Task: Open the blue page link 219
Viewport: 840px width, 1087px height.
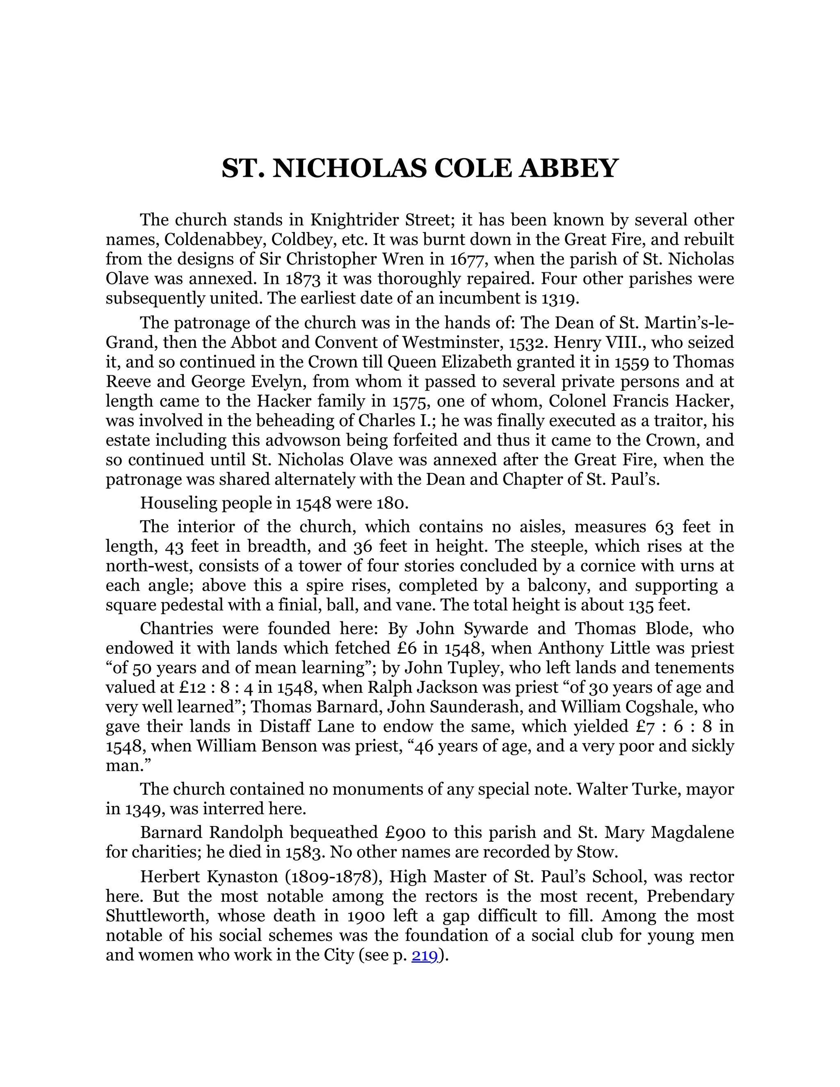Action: pos(425,955)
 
